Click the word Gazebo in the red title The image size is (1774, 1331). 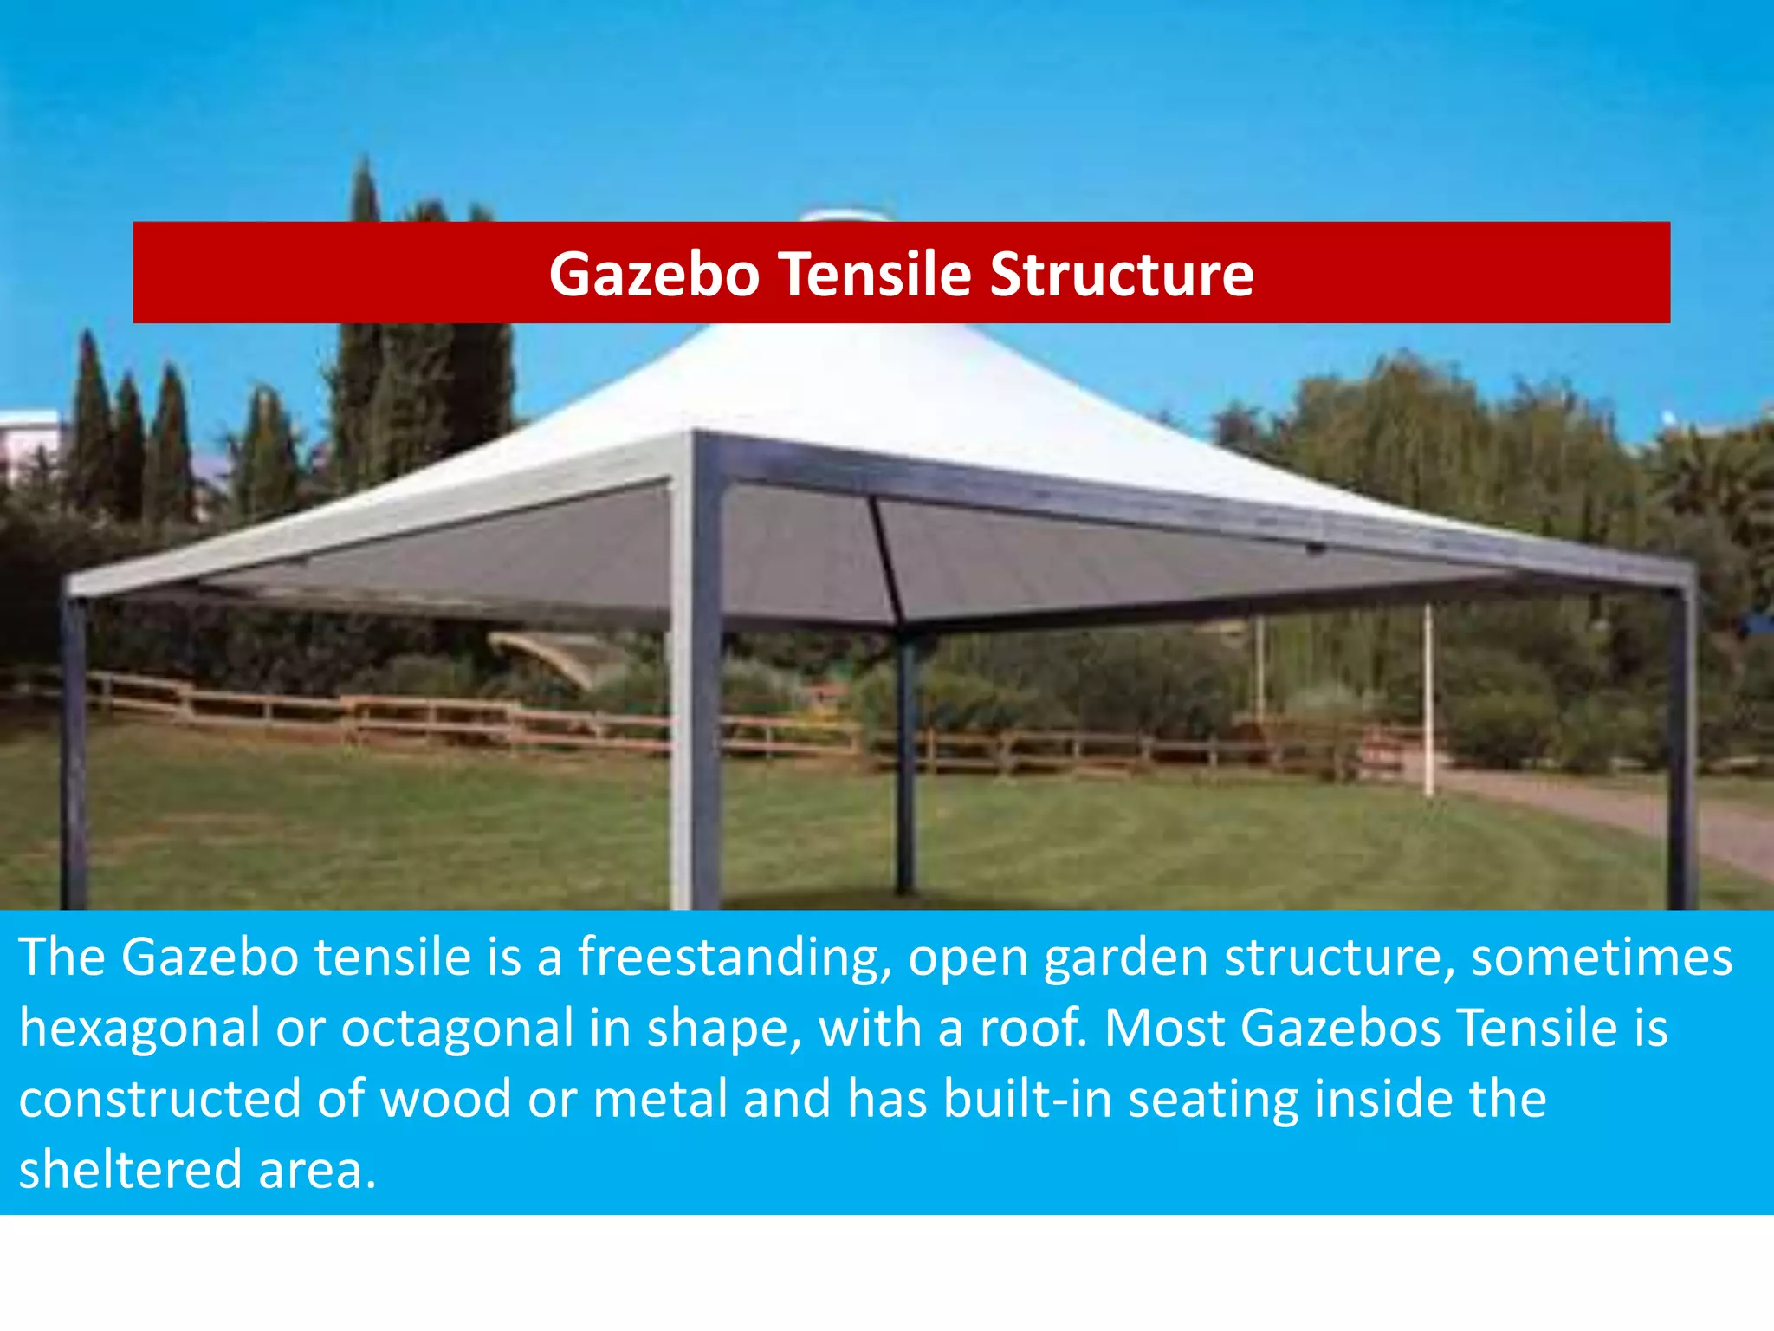pos(654,275)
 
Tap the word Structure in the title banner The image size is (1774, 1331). pos(1121,275)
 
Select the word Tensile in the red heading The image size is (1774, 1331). pos(875,275)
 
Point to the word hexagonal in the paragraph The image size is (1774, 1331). pos(139,1029)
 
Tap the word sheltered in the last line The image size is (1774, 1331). pos(130,1170)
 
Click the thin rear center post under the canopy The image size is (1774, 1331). pos(905,763)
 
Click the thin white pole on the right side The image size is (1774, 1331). pos(1428,702)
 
